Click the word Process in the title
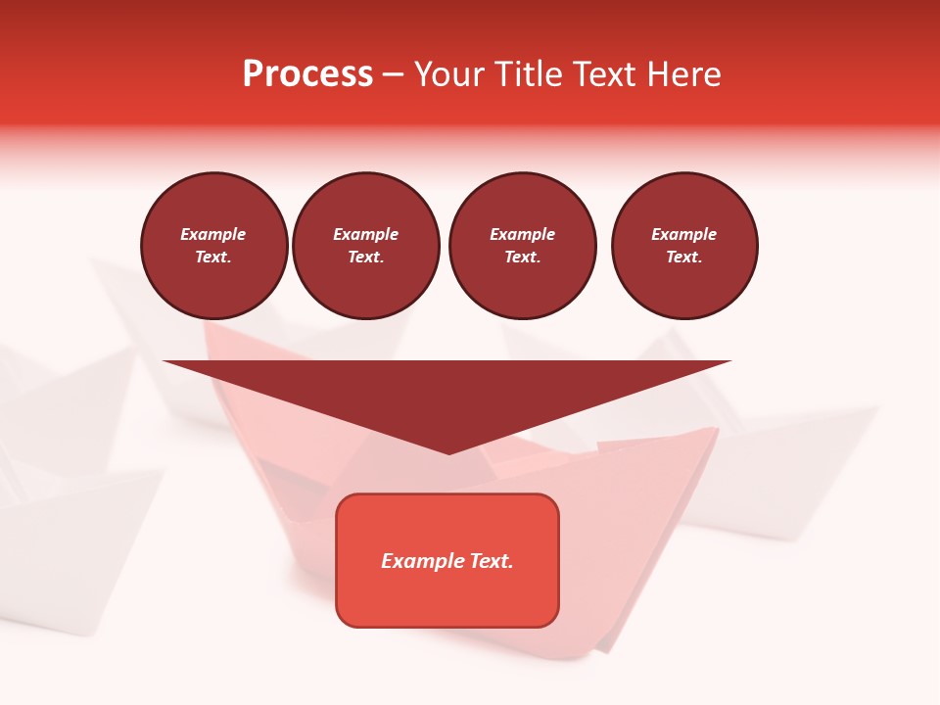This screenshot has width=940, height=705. click(307, 74)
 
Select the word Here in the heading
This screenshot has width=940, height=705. click(684, 74)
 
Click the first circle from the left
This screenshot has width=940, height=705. click(214, 246)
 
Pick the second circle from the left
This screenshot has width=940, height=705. click(366, 246)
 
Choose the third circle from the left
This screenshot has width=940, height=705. click(522, 246)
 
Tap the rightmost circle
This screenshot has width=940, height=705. click(684, 246)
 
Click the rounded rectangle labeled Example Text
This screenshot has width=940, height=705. click(447, 560)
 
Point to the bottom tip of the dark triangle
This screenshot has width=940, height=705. click(448, 452)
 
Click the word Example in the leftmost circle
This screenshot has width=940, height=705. click(213, 234)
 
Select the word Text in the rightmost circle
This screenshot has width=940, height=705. click(682, 258)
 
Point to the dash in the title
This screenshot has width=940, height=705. click(393, 74)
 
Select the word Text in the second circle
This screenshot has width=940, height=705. click(364, 258)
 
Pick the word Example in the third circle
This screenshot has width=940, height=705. click(522, 234)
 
